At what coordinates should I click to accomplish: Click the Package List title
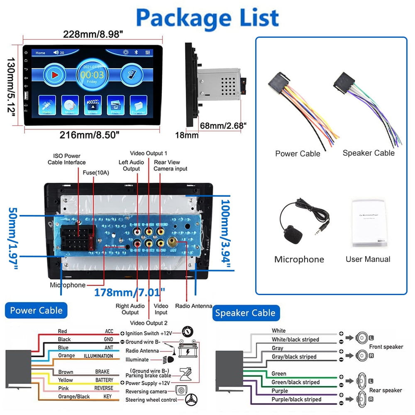pos(207,17)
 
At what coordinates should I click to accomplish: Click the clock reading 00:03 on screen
pos(92,75)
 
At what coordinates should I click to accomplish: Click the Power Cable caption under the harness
pos(298,154)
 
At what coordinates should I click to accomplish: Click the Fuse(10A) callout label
pos(96,173)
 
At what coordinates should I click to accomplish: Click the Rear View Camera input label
pos(170,166)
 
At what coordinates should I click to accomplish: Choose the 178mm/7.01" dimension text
pos(129,293)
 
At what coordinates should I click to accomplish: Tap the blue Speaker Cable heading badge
pos(245,312)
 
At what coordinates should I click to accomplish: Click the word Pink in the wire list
pos(63,388)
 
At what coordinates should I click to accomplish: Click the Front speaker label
pos(386,347)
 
